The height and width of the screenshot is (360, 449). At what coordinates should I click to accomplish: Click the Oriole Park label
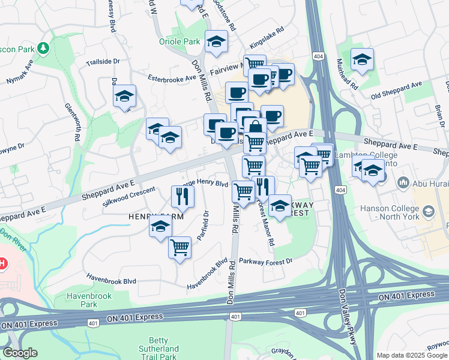coord(179,41)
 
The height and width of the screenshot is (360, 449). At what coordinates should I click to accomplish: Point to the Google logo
coord(20,353)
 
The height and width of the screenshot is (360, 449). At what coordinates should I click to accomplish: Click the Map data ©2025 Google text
coord(412,355)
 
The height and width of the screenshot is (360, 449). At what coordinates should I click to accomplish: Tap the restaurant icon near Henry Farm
coord(182,196)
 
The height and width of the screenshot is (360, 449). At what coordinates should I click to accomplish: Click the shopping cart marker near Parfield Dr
coord(180,247)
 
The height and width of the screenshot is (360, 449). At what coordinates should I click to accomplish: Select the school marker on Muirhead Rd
coord(362,59)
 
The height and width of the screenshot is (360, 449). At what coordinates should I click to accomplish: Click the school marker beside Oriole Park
coord(216,42)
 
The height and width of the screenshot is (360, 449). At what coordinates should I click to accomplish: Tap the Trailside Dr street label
coord(103,62)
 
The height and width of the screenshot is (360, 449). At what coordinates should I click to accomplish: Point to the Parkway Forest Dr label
coord(265,261)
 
